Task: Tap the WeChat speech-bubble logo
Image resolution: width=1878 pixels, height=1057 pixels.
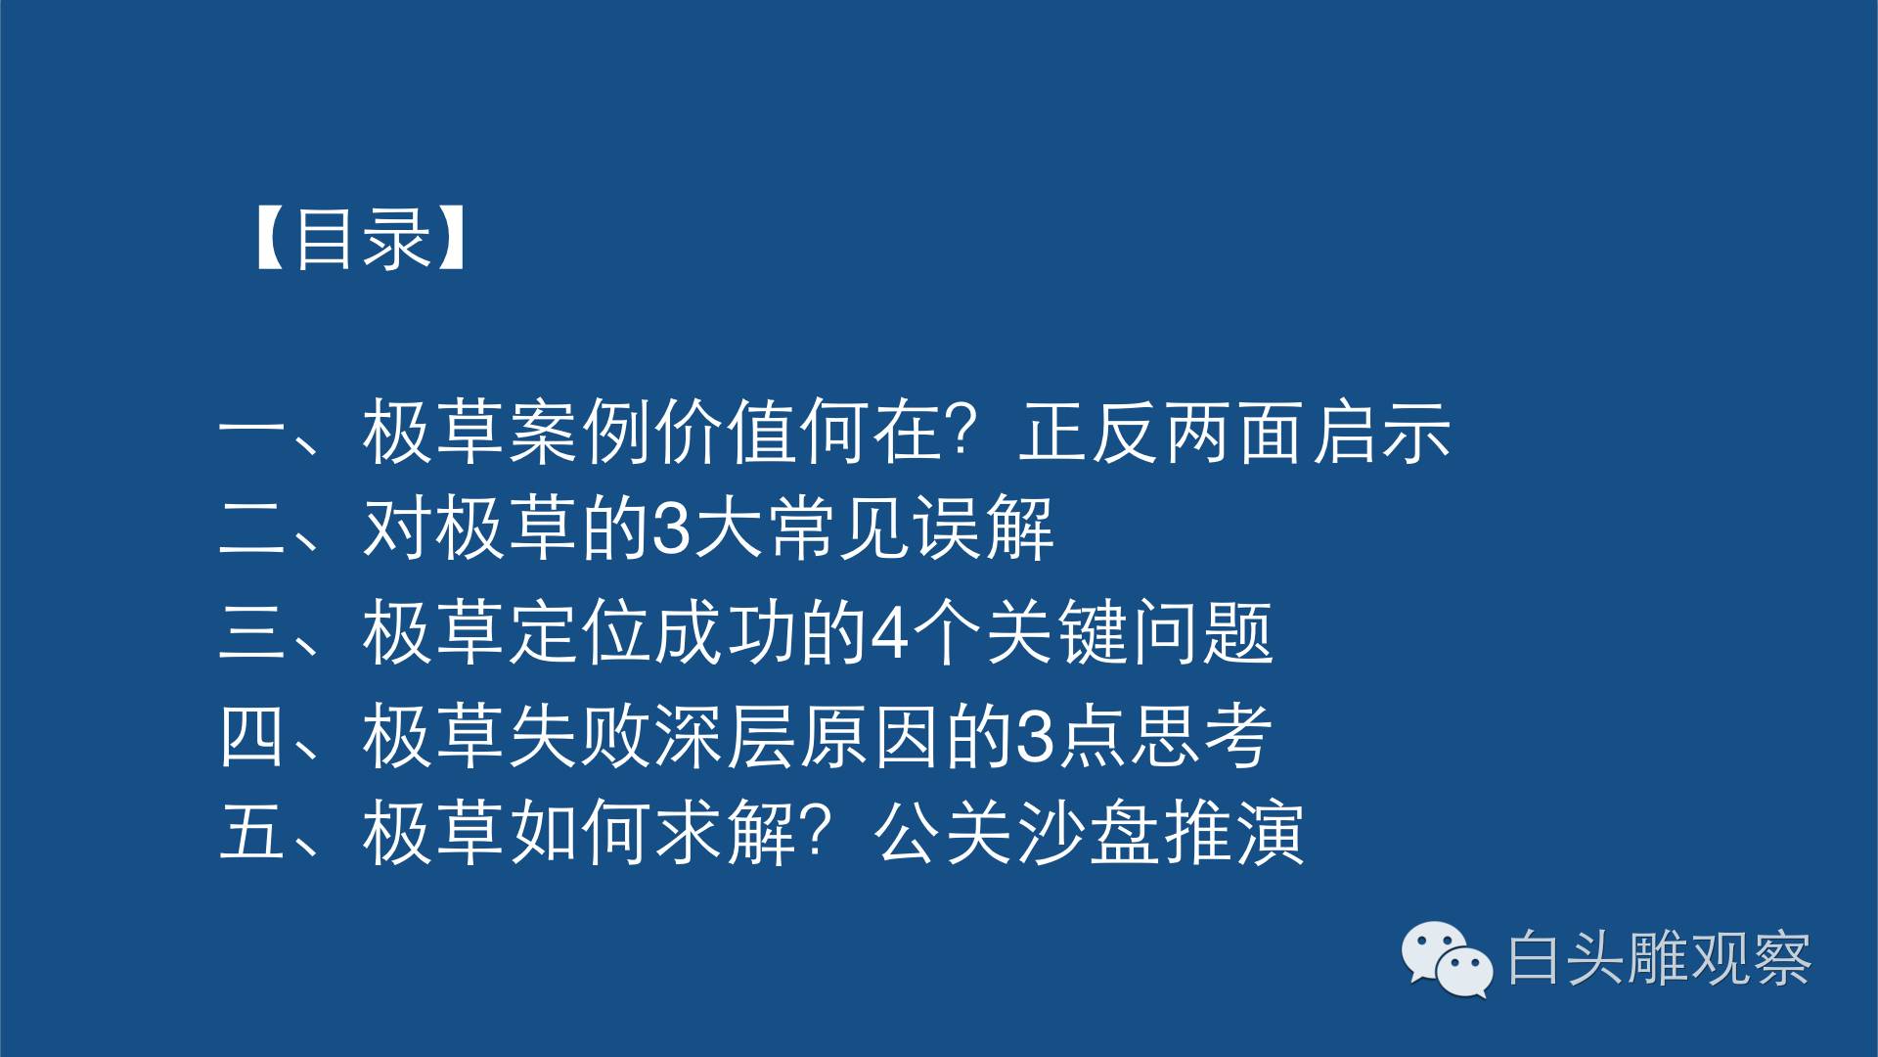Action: [x=1447, y=959]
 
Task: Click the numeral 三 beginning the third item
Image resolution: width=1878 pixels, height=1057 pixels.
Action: [x=252, y=632]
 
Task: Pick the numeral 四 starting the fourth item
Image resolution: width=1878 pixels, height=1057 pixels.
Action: [x=252, y=736]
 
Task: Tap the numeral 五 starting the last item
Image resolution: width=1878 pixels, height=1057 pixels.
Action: [x=252, y=832]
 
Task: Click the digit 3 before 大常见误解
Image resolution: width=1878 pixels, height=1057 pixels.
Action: [x=672, y=529]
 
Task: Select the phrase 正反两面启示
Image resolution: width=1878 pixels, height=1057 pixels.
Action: [x=1234, y=432]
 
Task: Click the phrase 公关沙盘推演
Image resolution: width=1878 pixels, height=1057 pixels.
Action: [x=1089, y=832]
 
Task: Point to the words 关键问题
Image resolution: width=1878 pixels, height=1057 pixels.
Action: [x=1130, y=632]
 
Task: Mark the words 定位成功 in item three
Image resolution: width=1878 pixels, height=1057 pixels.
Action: [x=652, y=632]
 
